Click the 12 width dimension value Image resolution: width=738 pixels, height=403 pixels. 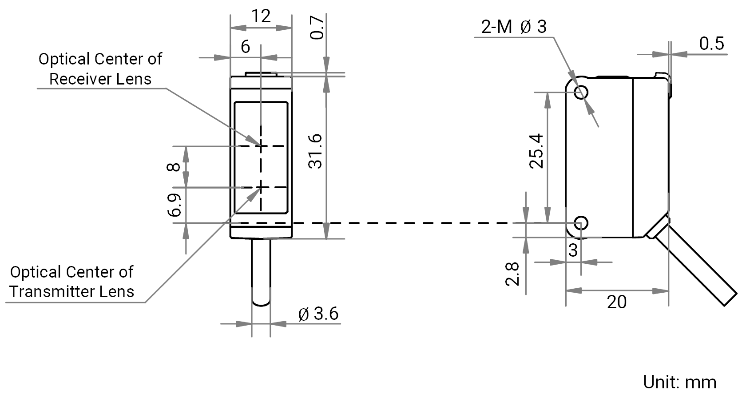[261, 16]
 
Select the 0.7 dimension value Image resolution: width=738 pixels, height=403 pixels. [317, 28]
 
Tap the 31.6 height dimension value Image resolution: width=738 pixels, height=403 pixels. [315, 152]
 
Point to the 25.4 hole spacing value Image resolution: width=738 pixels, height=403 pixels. [536, 151]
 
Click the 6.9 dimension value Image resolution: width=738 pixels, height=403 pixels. [175, 206]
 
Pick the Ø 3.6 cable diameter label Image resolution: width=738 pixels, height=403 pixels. [318, 314]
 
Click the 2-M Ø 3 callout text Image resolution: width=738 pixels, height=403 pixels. [514, 27]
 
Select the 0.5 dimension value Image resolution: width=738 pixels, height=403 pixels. [712, 44]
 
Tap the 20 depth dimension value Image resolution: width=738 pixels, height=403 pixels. [617, 302]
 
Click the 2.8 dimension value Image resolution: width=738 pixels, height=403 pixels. [512, 274]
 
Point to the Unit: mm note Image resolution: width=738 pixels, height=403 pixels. [680, 383]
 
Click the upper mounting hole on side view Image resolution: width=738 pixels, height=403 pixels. [581, 92]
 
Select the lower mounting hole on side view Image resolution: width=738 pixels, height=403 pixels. [581, 223]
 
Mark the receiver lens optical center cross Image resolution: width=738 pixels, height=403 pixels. [261, 146]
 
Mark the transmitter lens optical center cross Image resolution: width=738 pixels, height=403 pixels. [261, 187]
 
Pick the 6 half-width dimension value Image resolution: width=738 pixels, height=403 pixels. [246, 47]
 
